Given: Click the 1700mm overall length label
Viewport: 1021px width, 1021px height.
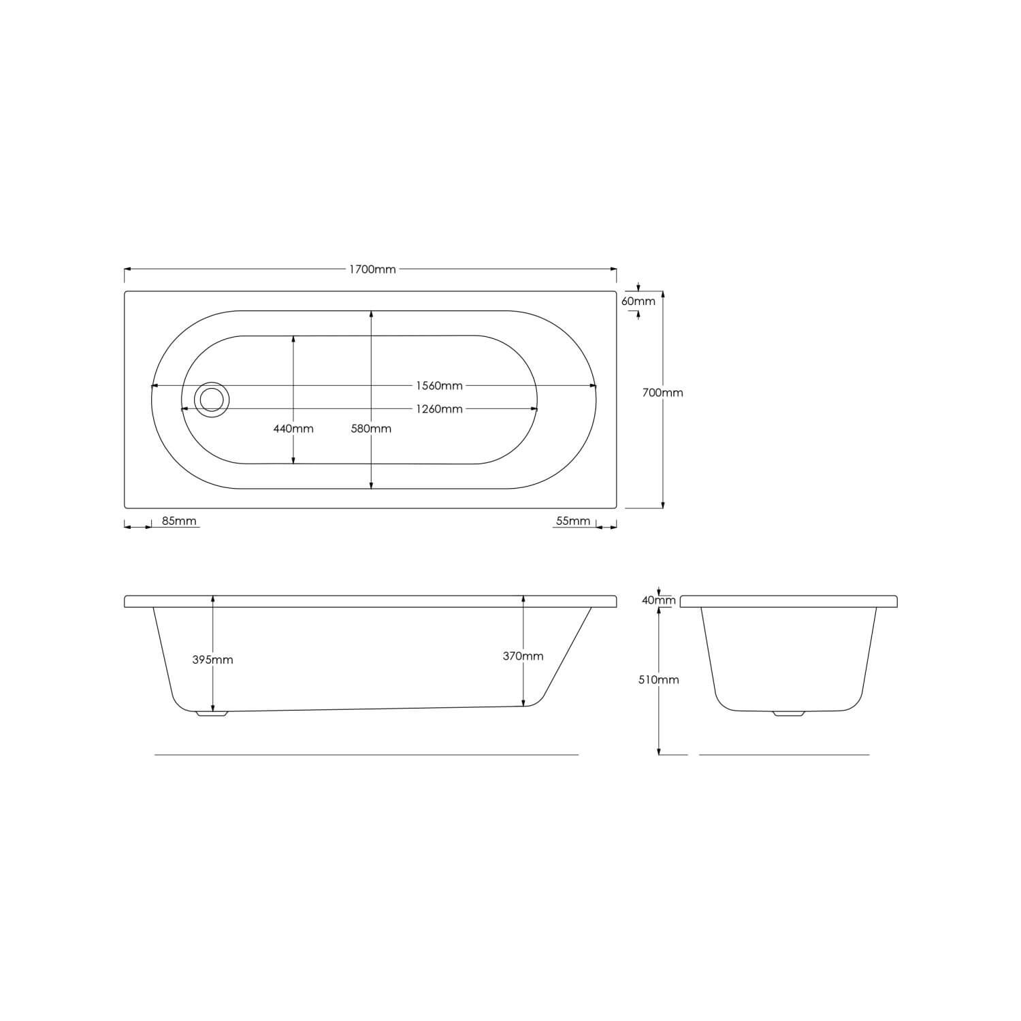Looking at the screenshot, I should (372, 269).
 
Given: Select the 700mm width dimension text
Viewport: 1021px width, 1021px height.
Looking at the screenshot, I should (662, 393).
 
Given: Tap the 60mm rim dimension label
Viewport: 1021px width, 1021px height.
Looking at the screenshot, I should (638, 301).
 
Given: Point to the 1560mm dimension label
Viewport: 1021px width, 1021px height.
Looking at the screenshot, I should (439, 386).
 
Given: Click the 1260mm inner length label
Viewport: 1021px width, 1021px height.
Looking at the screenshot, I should (439, 409).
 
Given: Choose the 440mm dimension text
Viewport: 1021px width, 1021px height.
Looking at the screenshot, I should (293, 429).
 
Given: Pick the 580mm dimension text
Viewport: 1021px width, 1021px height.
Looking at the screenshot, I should (371, 429).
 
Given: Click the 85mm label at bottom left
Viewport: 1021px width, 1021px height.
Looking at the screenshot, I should (179, 521).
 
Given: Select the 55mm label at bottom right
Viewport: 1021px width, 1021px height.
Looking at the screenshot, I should (573, 521).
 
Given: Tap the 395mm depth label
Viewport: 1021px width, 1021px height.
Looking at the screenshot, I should (212, 660).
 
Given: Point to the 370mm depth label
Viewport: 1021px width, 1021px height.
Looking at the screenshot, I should (523, 656).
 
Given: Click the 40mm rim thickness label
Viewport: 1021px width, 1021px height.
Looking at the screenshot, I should (659, 600).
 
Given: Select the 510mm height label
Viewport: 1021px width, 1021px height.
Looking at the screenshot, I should (659, 679).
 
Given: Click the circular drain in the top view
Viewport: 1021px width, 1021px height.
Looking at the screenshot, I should (212, 400).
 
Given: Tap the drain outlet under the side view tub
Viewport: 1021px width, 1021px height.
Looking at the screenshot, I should (212, 713).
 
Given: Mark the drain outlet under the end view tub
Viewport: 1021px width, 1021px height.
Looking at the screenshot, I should (788, 713).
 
